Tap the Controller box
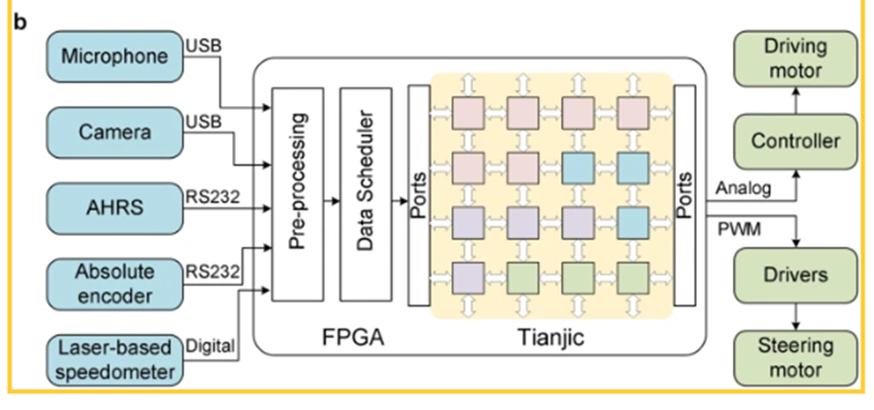coord(795,142)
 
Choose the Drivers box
coord(795,276)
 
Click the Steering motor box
coord(795,357)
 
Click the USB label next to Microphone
coord(203,45)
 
